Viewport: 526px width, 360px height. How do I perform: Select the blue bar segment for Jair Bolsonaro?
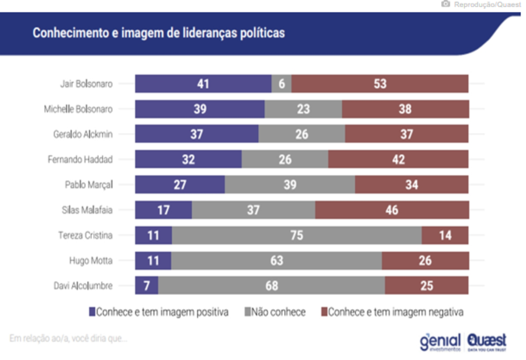click(203, 84)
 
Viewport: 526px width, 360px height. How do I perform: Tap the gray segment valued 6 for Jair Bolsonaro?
click(282, 84)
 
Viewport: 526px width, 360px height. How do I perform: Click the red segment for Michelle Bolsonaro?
click(405, 109)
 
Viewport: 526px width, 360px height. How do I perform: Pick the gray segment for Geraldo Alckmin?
click(302, 134)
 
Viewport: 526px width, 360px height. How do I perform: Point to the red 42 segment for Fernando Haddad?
click(398, 159)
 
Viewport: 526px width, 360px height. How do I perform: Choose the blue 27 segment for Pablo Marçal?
click(179, 185)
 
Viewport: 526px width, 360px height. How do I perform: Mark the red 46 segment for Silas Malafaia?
click(392, 210)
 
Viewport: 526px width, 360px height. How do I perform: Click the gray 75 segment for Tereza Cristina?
click(296, 235)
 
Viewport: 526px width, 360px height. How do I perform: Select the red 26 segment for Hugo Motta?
click(425, 260)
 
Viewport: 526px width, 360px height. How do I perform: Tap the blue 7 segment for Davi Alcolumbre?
click(146, 285)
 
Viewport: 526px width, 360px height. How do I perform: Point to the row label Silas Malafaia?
click(88, 210)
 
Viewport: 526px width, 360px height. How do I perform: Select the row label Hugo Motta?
click(91, 260)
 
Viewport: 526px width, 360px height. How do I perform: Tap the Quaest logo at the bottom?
click(486, 341)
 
